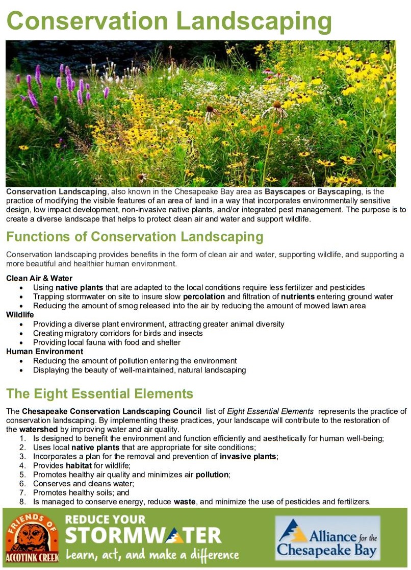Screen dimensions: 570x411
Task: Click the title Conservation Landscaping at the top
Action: coord(169,21)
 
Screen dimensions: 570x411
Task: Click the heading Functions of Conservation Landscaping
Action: coord(135,237)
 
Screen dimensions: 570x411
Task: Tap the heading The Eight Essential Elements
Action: coord(99,393)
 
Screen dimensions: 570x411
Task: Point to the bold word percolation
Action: coord(204,296)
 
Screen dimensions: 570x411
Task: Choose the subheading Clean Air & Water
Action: coord(39,279)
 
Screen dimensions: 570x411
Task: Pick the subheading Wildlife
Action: coord(19,315)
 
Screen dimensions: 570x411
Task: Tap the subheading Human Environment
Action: coord(44,352)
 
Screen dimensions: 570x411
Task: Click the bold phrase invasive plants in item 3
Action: coord(248,456)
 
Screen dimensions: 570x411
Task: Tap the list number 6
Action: coord(22,484)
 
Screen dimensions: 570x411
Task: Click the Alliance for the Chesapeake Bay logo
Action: coord(327,538)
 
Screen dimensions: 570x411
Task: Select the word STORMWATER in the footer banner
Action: coord(143,535)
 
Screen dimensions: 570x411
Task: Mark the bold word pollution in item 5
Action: coord(212,475)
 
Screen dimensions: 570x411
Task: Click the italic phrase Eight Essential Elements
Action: coord(270,411)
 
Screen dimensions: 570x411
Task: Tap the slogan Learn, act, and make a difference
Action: coord(152,554)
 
